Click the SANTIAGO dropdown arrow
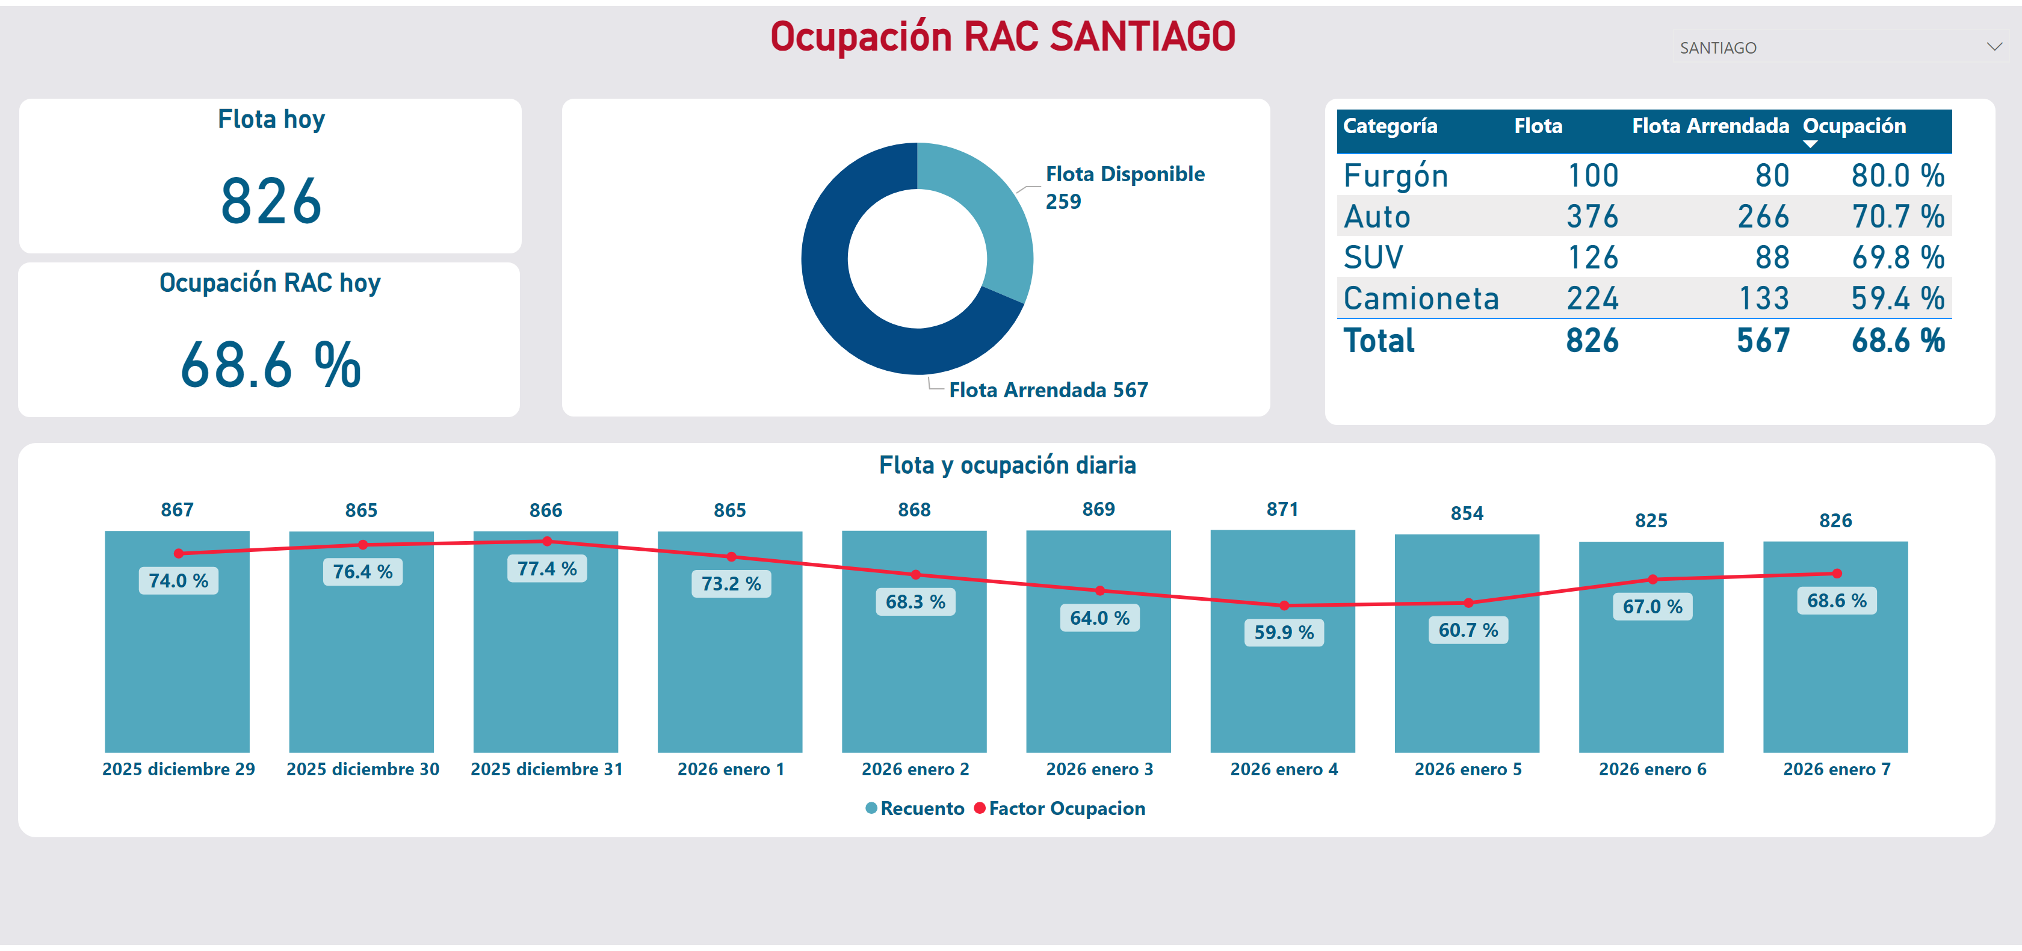pyautogui.click(x=1994, y=47)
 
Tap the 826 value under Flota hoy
pyautogui.click(x=271, y=201)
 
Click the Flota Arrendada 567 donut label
pyautogui.click(x=1048, y=390)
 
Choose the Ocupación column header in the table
pyautogui.click(x=1854, y=126)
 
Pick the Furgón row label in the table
pyautogui.click(x=1396, y=176)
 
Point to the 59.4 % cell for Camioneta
pyautogui.click(x=1897, y=299)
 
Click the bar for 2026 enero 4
pyautogui.click(x=1282, y=691)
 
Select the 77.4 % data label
pyautogui.click(x=546, y=569)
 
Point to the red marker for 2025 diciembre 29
pyautogui.click(x=179, y=554)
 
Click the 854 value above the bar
pyautogui.click(x=1467, y=513)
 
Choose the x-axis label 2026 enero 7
pyautogui.click(x=1836, y=770)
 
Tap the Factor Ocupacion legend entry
pyautogui.click(x=1066, y=809)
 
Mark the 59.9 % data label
pyautogui.click(x=1284, y=632)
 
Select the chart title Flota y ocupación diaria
pyautogui.click(x=1007, y=466)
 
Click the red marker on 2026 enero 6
pyautogui.click(x=1653, y=580)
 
